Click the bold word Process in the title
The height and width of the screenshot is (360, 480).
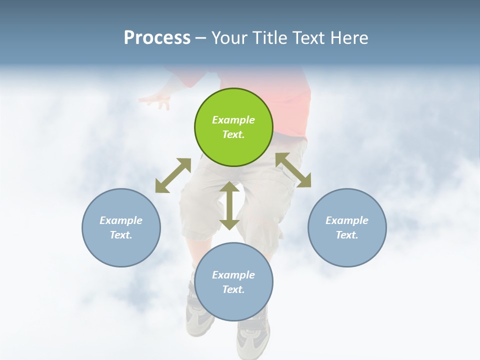[x=157, y=37]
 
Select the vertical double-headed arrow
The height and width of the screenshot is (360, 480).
[x=229, y=205]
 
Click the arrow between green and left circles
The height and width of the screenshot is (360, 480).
[x=173, y=175]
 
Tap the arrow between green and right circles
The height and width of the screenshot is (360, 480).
[x=293, y=170]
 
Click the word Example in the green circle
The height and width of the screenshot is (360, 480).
[x=233, y=120]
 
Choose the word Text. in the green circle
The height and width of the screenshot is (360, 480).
[x=233, y=134]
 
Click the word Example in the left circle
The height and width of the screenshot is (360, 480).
[x=121, y=220]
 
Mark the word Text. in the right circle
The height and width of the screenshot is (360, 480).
[x=347, y=235]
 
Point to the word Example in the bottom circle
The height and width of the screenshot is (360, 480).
[x=233, y=275]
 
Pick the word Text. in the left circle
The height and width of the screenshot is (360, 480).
[x=121, y=235]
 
